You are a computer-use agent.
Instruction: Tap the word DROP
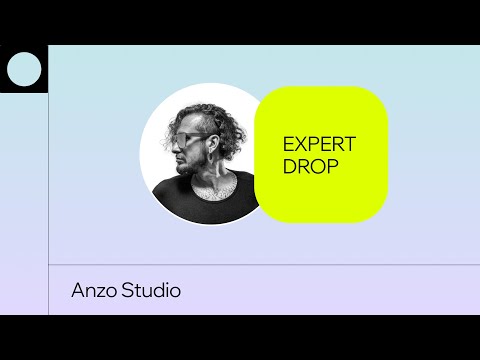tap(310, 165)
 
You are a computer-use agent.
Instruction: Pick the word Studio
tap(153, 291)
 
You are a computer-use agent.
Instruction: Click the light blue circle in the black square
tap(24, 69)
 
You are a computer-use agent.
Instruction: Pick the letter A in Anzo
tap(78, 291)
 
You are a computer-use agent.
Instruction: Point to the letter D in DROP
tap(290, 165)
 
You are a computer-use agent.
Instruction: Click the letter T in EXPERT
tap(350, 143)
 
